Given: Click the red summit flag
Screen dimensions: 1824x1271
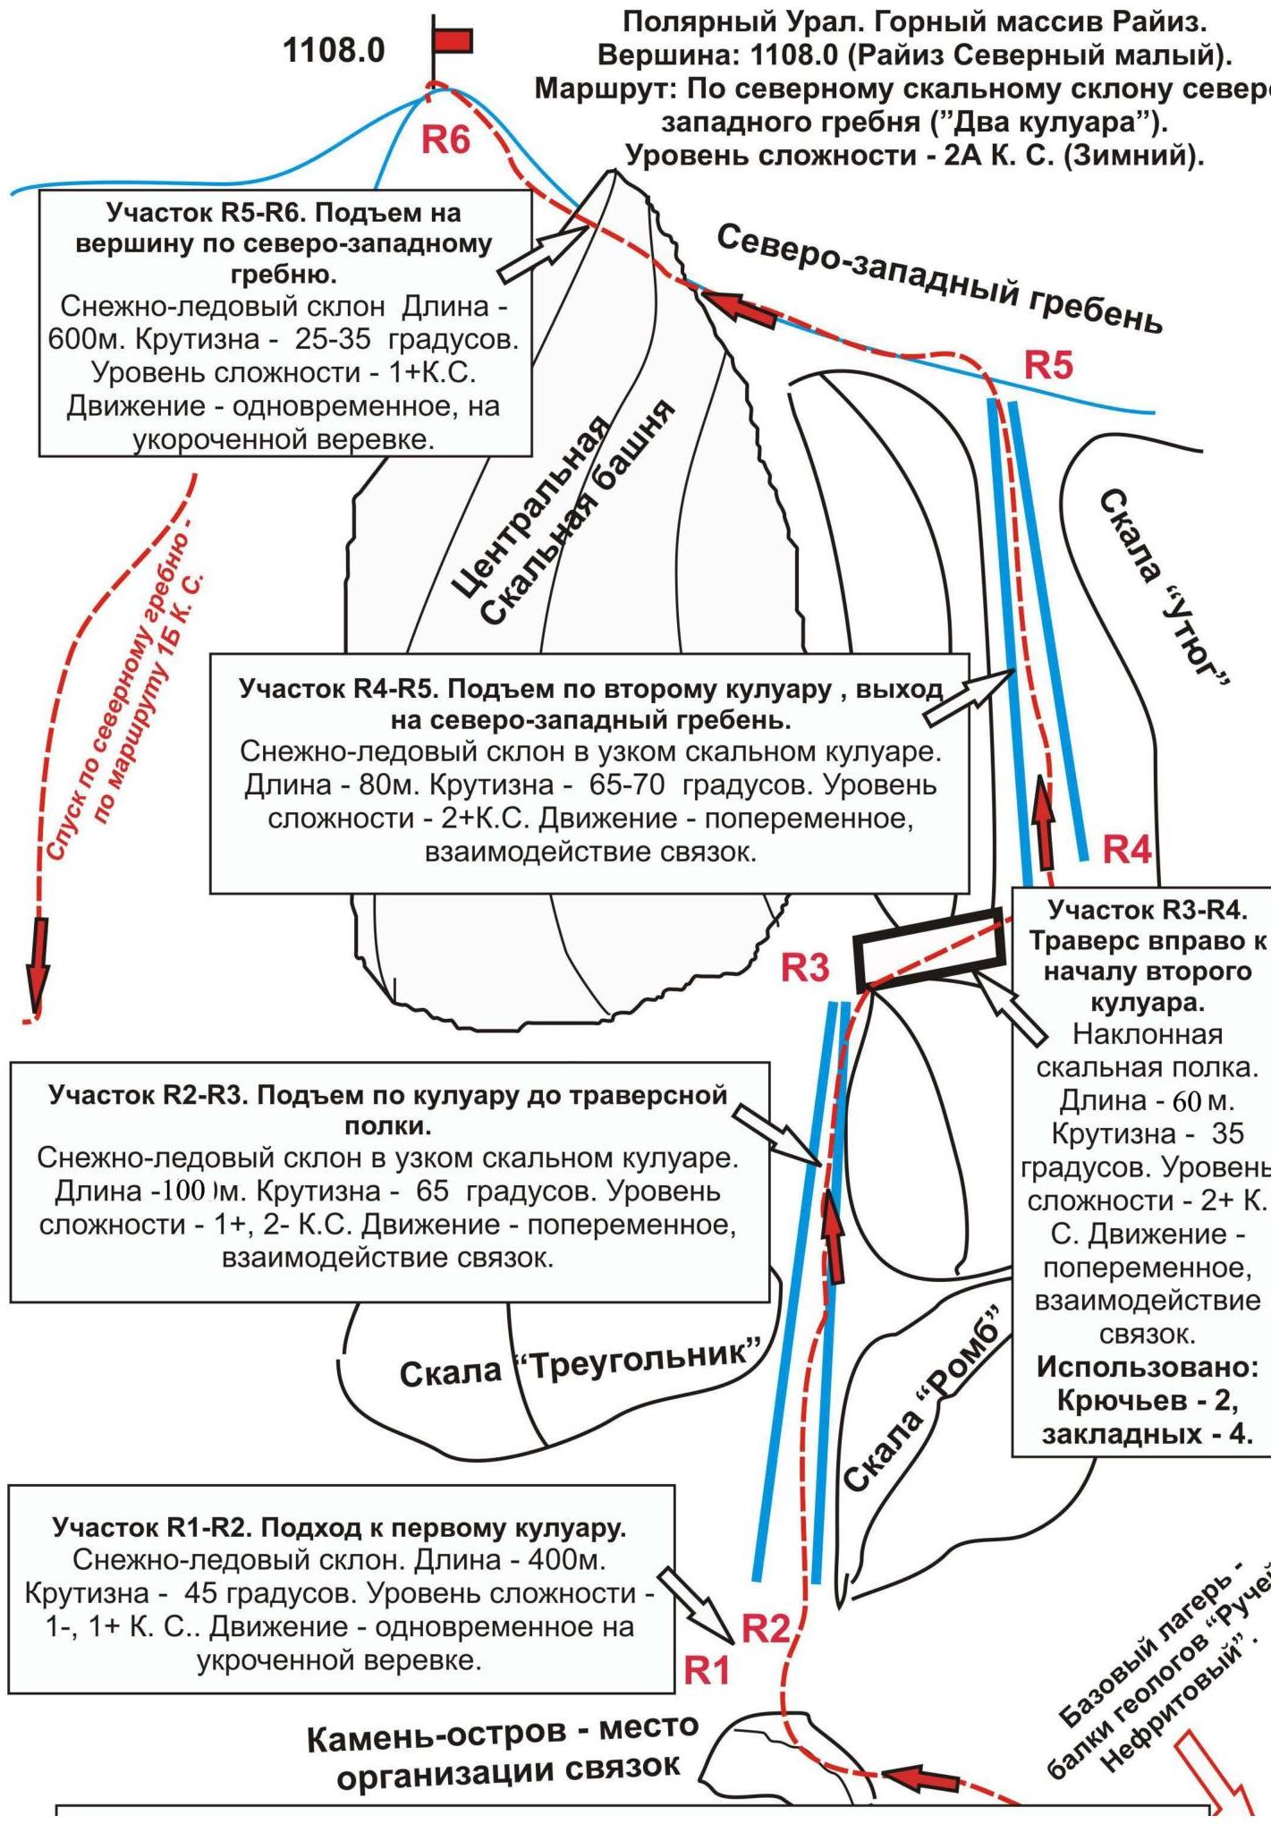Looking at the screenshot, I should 452,41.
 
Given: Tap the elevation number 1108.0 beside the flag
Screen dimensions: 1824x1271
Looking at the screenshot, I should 334,50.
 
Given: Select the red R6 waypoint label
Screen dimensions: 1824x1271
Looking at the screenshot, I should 445,140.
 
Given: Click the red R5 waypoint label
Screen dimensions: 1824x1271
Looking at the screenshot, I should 1047,365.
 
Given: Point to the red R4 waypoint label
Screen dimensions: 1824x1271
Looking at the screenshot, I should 1126,849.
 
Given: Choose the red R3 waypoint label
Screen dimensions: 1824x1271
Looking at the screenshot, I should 805,967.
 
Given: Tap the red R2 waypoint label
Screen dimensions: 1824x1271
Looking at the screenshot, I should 766,1629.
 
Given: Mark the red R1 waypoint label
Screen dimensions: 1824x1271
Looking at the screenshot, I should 707,1670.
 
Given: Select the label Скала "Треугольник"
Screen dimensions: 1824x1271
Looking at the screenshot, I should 581,1363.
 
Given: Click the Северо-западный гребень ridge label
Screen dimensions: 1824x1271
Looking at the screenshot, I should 939,278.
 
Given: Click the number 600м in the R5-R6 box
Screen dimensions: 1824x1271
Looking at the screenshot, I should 81,340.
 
